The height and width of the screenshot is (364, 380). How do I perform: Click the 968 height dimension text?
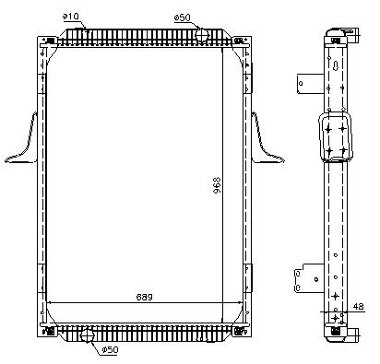coord(217,185)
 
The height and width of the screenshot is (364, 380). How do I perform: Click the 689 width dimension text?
coord(145,297)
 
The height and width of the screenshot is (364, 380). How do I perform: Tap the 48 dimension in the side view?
coord(358,306)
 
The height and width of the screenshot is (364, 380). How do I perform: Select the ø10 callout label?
coord(71,17)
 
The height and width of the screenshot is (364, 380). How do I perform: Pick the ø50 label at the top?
coord(183,18)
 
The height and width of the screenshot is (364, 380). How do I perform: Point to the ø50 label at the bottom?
coord(110,350)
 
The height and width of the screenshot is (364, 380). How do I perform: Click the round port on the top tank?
coord(202,34)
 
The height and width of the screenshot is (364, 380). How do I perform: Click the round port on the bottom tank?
coord(87,335)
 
